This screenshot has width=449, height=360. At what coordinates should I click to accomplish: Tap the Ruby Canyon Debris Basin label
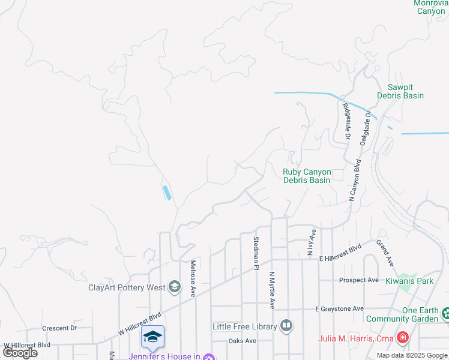click(306, 176)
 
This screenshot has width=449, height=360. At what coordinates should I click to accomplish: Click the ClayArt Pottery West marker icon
click(174, 287)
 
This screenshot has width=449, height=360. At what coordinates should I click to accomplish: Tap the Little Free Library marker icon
click(286, 326)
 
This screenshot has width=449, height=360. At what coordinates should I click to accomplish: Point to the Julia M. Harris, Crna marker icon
click(402, 338)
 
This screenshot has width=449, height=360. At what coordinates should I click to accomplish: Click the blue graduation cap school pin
click(152, 337)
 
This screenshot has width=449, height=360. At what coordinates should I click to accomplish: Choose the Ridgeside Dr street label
click(346, 121)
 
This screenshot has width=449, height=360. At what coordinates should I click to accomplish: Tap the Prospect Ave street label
click(358, 280)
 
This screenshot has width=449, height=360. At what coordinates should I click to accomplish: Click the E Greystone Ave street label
click(340, 308)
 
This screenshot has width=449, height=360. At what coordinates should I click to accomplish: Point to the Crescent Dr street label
click(59, 328)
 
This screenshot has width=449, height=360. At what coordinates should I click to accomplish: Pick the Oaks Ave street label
click(242, 341)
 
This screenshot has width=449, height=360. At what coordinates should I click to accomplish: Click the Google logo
click(19, 353)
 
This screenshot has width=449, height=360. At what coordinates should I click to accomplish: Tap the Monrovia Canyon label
click(430, 7)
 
